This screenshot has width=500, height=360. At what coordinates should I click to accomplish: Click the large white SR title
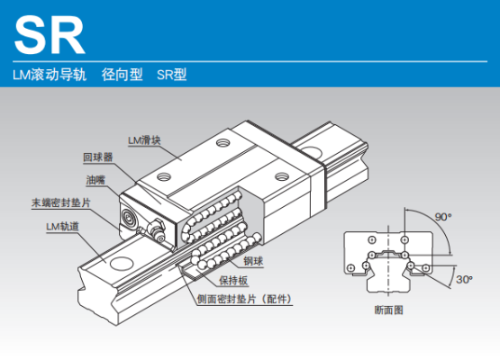click(50, 35)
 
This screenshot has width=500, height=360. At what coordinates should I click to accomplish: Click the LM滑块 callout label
click(144, 140)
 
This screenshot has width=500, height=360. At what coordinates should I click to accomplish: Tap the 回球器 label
click(98, 157)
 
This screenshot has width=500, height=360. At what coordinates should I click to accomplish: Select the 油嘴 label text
click(95, 180)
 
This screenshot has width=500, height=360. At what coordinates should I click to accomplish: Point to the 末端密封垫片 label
click(61, 202)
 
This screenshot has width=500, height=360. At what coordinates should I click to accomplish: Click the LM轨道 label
click(62, 227)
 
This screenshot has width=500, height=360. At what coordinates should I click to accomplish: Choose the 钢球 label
click(253, 261)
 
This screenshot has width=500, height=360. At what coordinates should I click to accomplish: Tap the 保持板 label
click(233, 281)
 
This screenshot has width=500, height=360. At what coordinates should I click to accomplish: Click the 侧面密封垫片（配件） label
click(244, 299)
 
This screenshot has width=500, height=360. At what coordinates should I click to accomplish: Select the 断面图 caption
click(388, 310)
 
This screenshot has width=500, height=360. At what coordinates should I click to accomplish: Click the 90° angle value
click(443, 217)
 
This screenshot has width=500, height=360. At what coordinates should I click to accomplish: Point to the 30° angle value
click(464, 279)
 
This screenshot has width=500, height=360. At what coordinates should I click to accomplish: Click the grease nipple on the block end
click(156, 230)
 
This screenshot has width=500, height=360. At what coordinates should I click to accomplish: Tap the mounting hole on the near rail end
click(122, 263)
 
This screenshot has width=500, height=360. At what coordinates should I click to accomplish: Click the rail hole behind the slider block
click(312, 152)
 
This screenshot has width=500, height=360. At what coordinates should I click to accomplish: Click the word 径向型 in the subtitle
click(123, 75)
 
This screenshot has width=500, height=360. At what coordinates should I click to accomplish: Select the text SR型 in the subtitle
click(171, 75)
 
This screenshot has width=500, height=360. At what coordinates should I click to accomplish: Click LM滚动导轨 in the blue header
click(50, 75)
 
